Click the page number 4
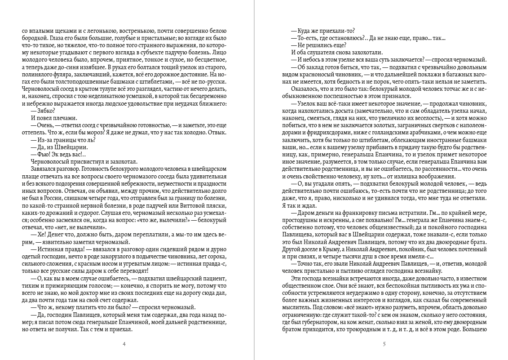pyautogui.click(x=124, y=344)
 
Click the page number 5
pyautogui.click(x=384, y=344)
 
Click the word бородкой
pyautogui.click(x=34, y=38)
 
